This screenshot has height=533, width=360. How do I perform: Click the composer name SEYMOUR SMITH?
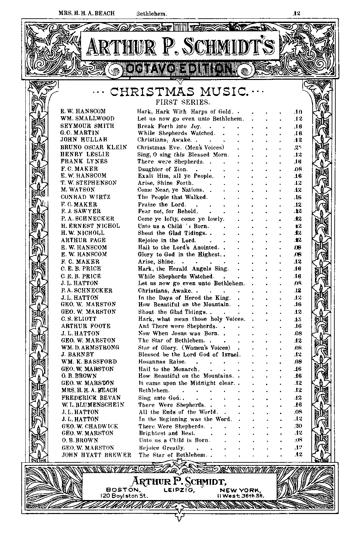(x=87, y=126)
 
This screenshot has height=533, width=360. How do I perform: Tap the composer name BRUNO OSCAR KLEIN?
(x=94, y=147)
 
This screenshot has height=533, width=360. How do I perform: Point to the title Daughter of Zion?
(x=163, y=169)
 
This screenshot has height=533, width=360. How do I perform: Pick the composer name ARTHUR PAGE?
(x=83, y=240)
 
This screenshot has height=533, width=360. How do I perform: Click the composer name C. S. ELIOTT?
(x=79, y=319)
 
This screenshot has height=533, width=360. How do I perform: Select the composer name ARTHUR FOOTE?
(x=86, y=326)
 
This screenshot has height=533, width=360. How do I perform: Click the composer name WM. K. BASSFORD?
(x=89, y=362)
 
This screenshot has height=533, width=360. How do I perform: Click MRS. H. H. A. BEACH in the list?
(x=89, y=390)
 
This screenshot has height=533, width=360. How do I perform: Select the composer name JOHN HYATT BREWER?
(x=97, y=455)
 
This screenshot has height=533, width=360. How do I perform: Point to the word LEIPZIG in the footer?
(x=179, y=490)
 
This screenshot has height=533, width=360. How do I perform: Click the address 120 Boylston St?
(x=124, y=495)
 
